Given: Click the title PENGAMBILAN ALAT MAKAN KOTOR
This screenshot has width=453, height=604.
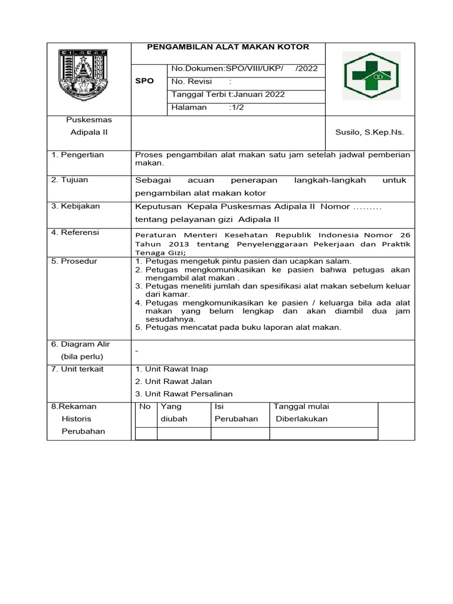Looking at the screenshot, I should tap(228, 47).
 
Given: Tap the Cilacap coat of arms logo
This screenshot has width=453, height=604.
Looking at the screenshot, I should tap(83, 75).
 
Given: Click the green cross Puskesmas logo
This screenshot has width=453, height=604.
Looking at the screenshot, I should tap(372, 75).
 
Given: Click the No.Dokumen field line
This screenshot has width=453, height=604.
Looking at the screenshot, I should tap(244, 68).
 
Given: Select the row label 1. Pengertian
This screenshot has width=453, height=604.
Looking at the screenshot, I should tap(78, 155).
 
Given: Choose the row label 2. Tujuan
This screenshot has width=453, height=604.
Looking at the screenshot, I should tap(70, 180).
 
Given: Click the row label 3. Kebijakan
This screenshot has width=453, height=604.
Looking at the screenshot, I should tap(75, 206).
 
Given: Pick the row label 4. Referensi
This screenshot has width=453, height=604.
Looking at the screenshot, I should tap(75, 232).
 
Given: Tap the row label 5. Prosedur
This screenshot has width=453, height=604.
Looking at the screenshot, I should tap(74, 261).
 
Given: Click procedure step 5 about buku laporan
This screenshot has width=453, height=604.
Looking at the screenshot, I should tap(238, 327).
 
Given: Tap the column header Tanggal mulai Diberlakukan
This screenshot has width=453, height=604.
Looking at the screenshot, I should tap(301, 413).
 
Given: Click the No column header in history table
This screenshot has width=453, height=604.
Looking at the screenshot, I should tap(145, 406).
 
